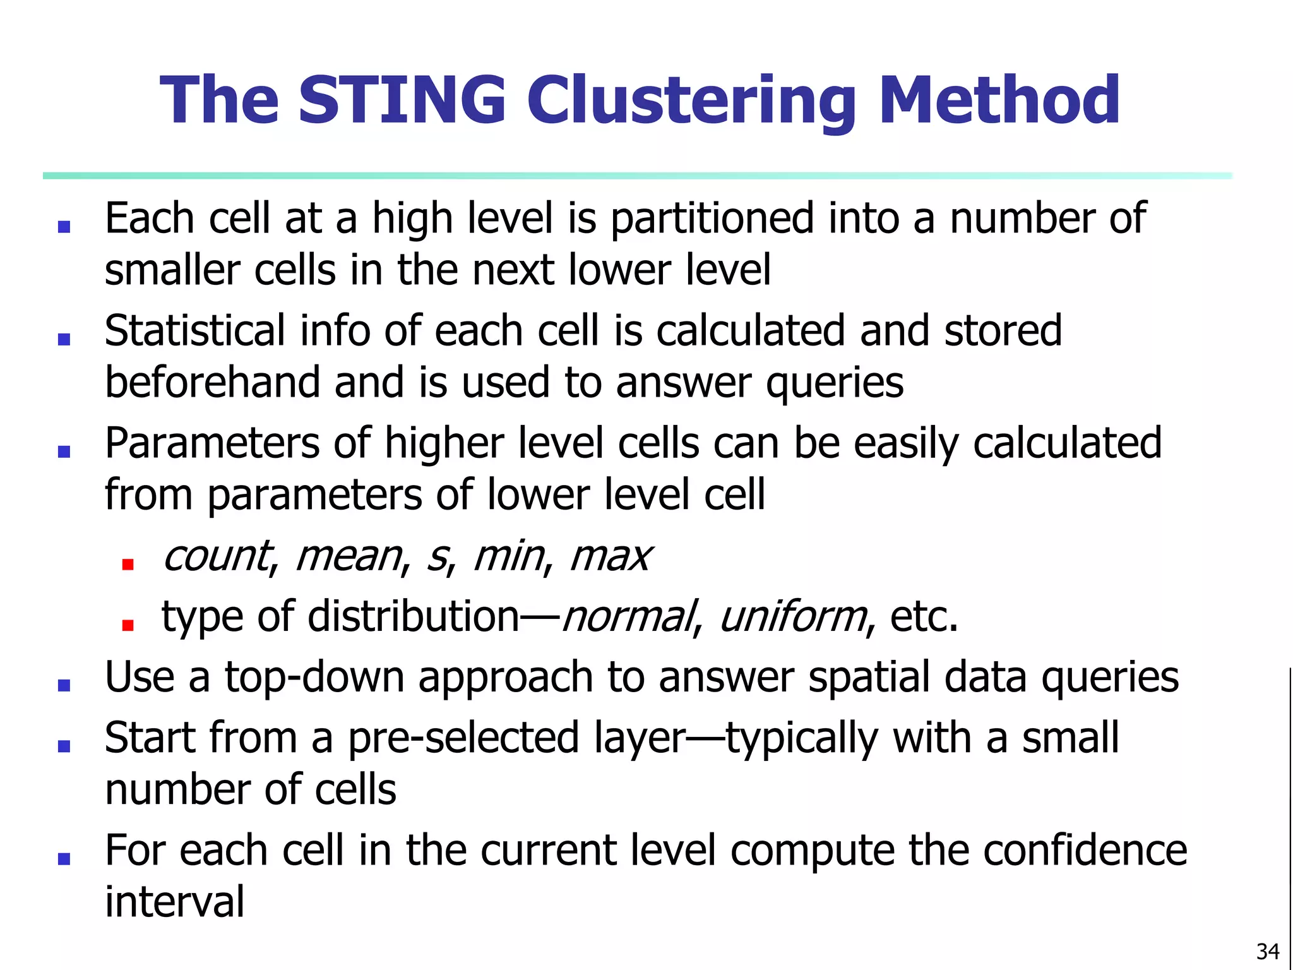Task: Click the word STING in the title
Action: coord(402,100)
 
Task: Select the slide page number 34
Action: coord(1268,951)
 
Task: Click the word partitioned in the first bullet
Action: coord(712,219)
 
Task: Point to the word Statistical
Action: coord(195,331)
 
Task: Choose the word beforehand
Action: coord(212,383)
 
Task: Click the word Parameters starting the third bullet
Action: coord(212,443)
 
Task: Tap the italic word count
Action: coord(217,557)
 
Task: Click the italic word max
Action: coord(610,557)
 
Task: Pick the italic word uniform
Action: coord(793,617)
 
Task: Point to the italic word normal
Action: coord(628,617)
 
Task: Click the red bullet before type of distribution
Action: coord(128,625)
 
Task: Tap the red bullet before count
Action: coord(128,565)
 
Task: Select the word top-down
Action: coord(314,678)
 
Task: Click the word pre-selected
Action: coord(463,738)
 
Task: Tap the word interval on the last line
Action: coord(174,902)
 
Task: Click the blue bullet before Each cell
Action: coord(64,227)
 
